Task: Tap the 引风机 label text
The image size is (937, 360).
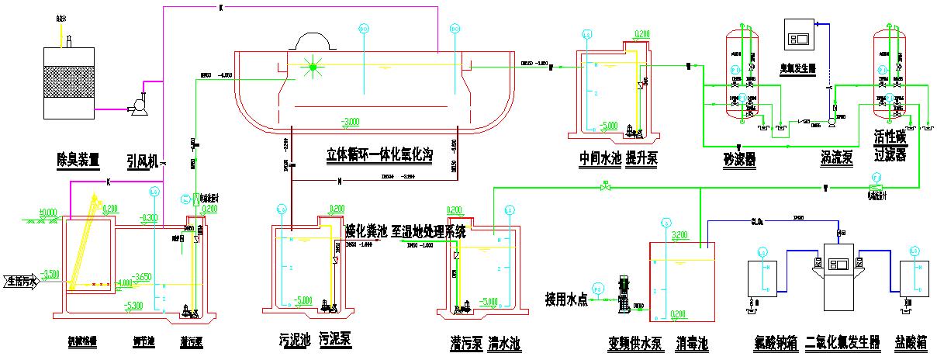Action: [142, 160]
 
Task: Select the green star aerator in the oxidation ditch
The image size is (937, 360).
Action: [313, 67]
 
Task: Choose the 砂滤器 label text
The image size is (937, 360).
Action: [739, 159]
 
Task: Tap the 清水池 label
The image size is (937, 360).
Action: [503, 341]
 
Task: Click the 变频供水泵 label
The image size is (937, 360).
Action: [634, 342]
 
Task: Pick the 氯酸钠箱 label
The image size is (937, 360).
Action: [774, 342]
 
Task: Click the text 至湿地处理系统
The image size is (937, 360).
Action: [429, 230]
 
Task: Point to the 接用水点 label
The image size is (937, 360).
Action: [566, 298]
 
